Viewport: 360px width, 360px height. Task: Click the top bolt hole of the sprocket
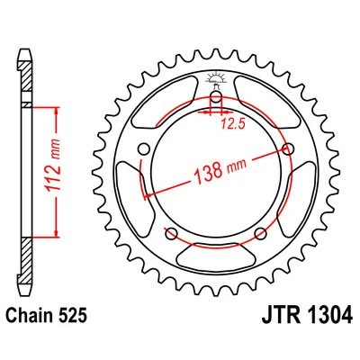coord(216,99)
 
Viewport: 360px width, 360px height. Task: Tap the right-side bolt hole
coord(287,149)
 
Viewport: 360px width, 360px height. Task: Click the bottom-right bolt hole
coord(260,234)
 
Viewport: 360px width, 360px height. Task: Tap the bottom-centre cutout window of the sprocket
coord(216,266)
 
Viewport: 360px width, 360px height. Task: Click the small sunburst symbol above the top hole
coord(216,76)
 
